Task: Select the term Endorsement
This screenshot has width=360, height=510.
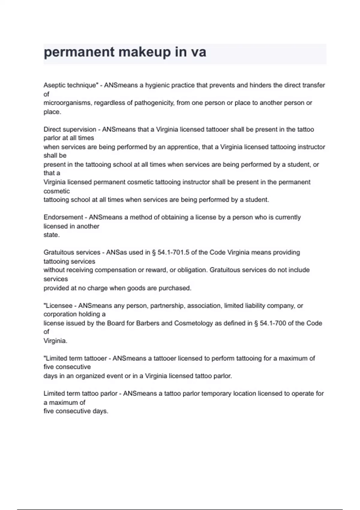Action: tap(63, 217)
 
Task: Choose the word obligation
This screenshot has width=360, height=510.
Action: tap(192, 270)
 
